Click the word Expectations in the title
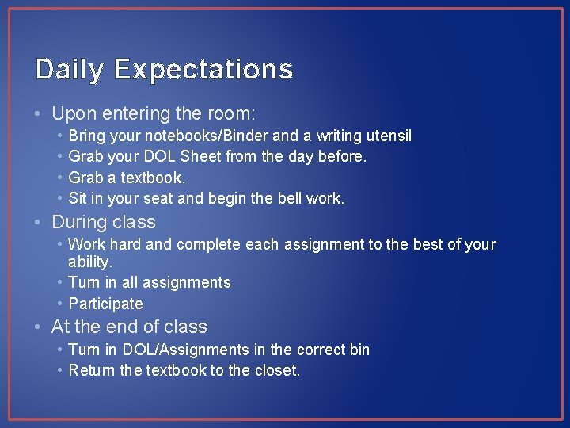[203, 71]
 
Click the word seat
[171, 198]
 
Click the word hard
[125, 244]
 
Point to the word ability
[90, 262]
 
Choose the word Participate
[106, 304]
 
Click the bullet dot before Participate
[60, 304]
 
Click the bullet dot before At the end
[41, 327]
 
